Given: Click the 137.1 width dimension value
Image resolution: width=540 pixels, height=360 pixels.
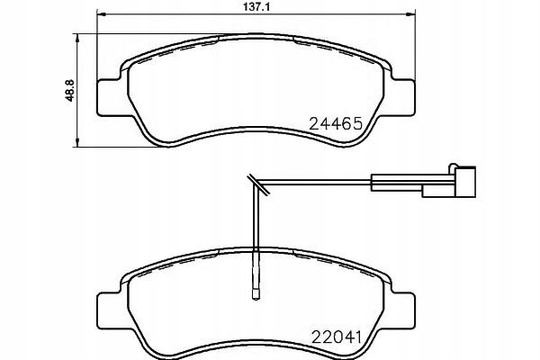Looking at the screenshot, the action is click(256, 7).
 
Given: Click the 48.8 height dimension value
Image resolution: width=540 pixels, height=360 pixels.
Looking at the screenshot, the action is click(70, 91).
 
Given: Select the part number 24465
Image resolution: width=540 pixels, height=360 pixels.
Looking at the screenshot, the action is click(336, 123).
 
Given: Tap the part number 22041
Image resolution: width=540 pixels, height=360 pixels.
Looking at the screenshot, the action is click(336, 337).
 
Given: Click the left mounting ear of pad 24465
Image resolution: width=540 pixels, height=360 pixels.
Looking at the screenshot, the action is click(110, 98).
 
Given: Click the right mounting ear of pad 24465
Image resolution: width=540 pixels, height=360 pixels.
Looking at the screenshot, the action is click(403, 97).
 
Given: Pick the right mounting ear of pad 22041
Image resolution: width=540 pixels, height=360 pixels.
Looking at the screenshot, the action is click(403, 310).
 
